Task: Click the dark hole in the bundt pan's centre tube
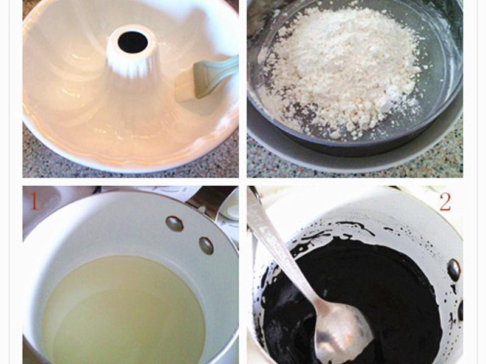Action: [132, 42]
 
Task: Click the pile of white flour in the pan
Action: [341, 71]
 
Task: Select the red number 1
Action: [35, 201]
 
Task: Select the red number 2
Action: [445, 202]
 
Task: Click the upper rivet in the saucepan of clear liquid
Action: [174, 223]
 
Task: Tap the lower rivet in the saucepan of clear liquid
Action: [206, 246]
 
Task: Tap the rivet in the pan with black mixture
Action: [454, 270]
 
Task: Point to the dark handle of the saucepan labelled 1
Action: [211, 198]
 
